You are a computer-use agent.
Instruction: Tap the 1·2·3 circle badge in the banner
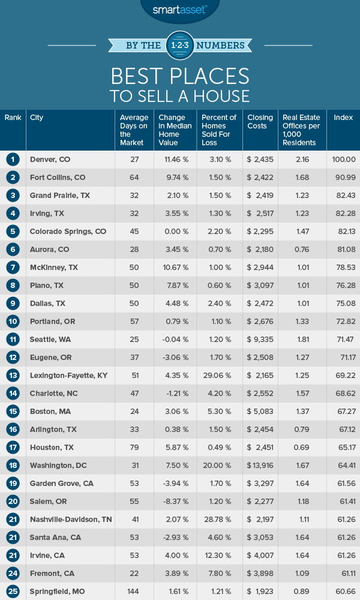click(x=179, y=45)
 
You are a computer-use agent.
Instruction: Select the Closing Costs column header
click(x=260, y=122)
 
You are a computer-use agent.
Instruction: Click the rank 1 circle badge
click(x=13, y=160)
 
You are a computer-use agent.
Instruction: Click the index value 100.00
click(x=344, y=160)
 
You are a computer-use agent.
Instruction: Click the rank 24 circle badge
click(x=13, y=574)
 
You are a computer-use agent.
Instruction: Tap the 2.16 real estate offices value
click(x=302, y=160)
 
